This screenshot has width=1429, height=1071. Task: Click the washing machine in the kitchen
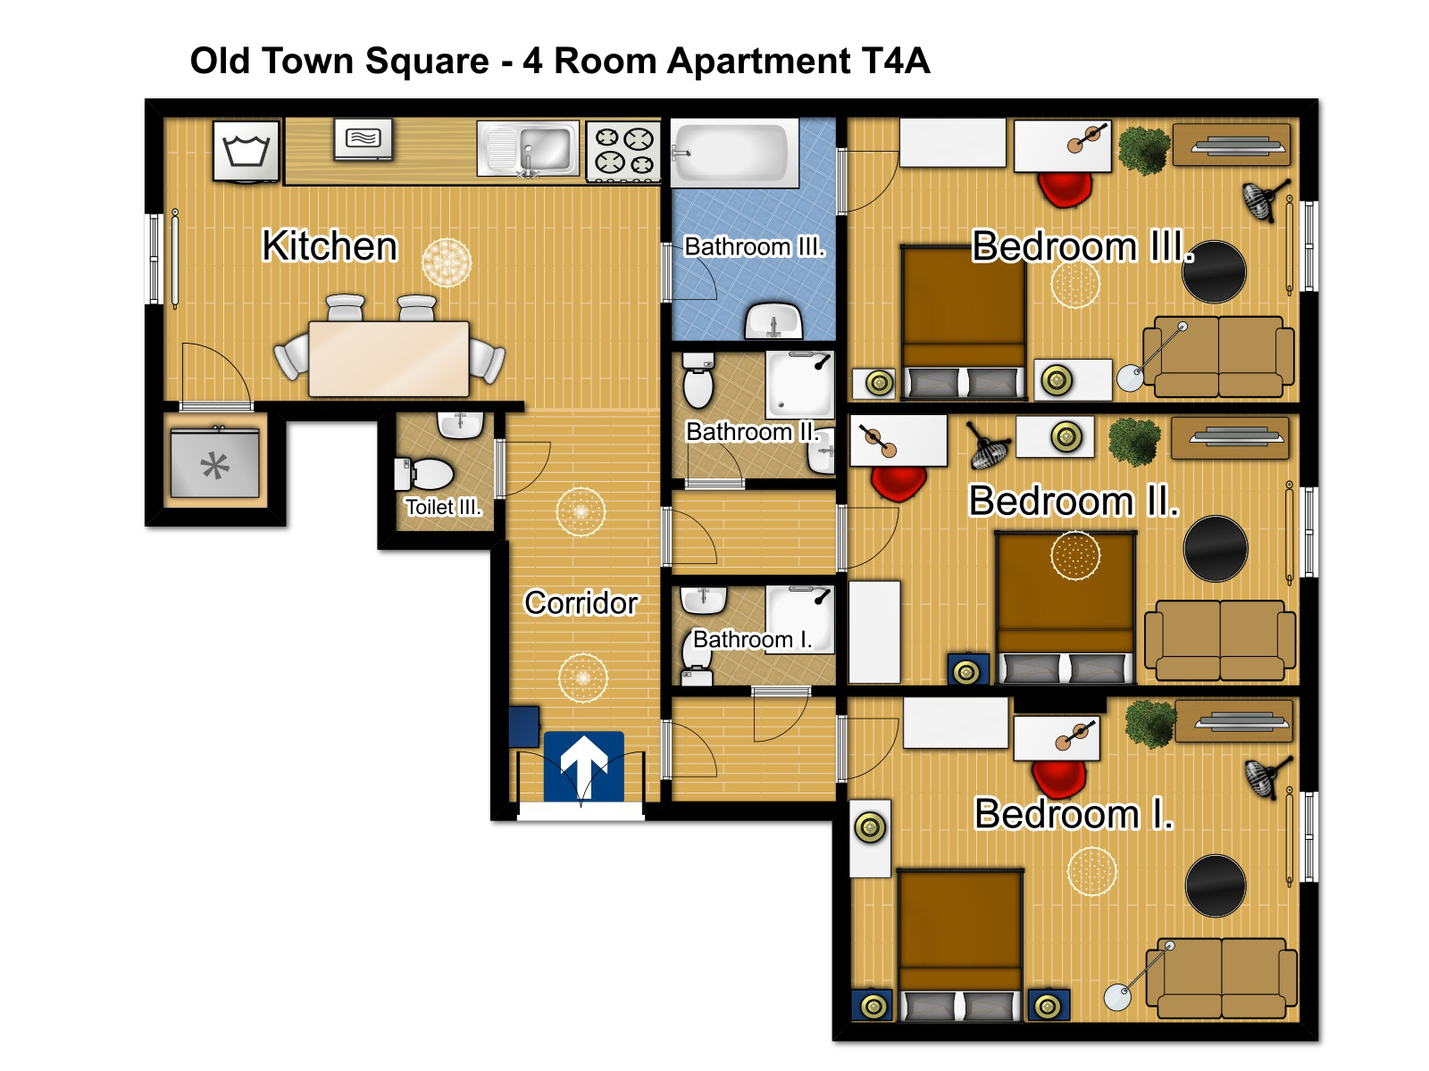click(x=247, y=151)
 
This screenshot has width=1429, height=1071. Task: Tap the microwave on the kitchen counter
click(x=364, y=138)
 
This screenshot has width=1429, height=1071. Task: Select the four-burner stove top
click(x=623, y=151)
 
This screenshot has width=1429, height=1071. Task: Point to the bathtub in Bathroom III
click(x=735, y=153)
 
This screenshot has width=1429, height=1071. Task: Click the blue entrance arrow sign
click(x=583, y=766)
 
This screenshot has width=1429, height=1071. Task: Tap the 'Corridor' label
click(x=581, y=602)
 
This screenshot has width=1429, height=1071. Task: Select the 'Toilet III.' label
click(x=443, y=507)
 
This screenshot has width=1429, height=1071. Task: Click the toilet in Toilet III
click(x=423, y=474)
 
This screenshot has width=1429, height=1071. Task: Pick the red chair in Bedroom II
click(x=898, y=483)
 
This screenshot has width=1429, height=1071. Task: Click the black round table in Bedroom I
click(x=1216, y=885)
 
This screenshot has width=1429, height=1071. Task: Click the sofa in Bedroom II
click(x=1219, y=640)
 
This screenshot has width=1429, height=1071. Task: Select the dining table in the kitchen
click(x=389, y=358)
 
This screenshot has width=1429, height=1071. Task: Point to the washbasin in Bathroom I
click(x=703, y=600)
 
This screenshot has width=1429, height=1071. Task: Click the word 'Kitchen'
click(x=330, y=245)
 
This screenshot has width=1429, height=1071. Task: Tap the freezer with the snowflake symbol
click(x=215, y=464)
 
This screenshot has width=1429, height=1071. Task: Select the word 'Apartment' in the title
click(x=758, y=62)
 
